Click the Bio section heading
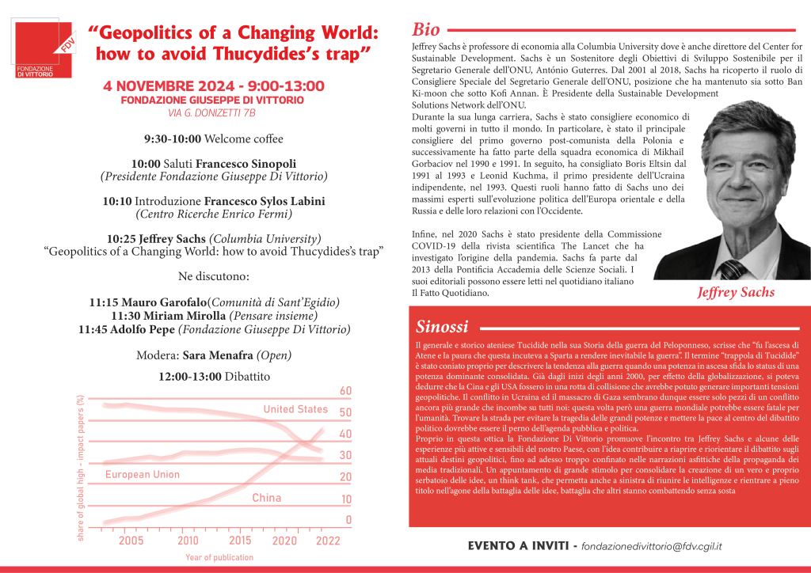pyautogui.click(x=426, y=30)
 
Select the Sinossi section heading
pyautogui.click(x=442, y=327)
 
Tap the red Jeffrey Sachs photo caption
pyautogui.click(x=736, y=293)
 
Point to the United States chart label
pyautogui.click(x=295, y=409)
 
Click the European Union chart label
pyautogui.click(x=143, y=475)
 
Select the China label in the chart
pyautogui.click(x=267, y=498)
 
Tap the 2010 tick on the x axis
pyautogui.click(x=188, y=541)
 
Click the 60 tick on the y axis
pyautogui.click(x=345, y=391)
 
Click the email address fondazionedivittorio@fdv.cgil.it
pyautogui.click(x=651, y=546)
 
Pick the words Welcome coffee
pyautogui.click(x=243, y=139)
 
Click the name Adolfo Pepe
pyautogui.click(x=147, y=329)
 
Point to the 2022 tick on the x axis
pyautogui.click(x=328, y=541)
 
